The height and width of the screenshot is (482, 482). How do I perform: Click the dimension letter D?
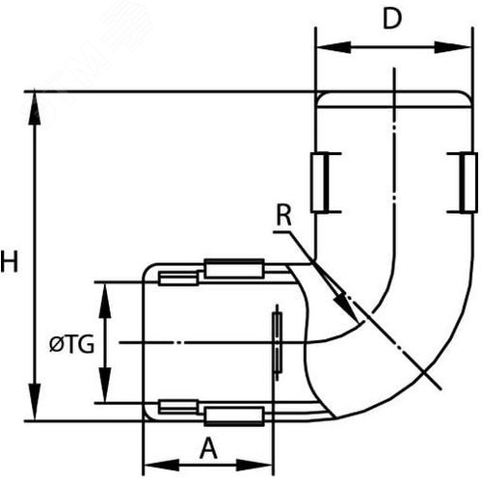coord(392,18)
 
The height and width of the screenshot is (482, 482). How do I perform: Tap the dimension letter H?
coord(9,261)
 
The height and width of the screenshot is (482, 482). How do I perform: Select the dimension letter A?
coord(208,448)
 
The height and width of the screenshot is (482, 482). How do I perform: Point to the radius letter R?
coord(284,215)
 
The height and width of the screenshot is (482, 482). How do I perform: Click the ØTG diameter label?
coord(71,344)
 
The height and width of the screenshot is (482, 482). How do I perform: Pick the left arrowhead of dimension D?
coord(334,47)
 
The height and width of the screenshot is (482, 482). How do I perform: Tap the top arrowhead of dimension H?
coord(35,108)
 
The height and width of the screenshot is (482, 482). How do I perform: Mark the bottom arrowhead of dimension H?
coord(35,402)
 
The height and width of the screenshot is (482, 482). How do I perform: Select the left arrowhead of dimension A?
coord(162,465)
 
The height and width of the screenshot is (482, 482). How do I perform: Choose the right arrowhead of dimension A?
coord(254,465)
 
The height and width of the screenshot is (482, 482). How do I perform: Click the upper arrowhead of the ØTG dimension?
coord(105,301)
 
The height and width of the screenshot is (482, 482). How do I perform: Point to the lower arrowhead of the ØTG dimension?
coord(105,385)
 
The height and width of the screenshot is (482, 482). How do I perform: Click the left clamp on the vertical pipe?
coord(325,182)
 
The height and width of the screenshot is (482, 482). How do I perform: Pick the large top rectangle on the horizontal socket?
coord(234,269)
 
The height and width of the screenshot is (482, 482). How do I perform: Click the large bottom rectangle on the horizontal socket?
coord(234,416)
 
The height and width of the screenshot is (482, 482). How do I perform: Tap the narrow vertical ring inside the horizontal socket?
coord(278,342)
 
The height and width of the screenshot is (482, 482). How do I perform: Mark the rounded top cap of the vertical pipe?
coord(394,99)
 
